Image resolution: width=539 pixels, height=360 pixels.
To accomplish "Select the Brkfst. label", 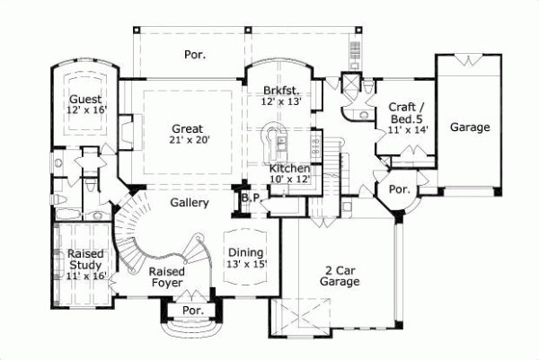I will click(281, 90).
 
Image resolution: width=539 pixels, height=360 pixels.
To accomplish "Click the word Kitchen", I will click(290, 169).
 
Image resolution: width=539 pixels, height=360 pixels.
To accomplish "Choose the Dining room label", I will click(244, 252).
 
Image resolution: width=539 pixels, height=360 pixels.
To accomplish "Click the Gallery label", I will click(190, 203).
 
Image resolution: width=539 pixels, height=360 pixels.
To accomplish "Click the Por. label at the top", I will click(195, 55).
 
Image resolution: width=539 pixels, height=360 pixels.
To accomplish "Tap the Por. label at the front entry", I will click(192, 311).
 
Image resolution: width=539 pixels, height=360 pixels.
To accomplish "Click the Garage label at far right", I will click(470, 127).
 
